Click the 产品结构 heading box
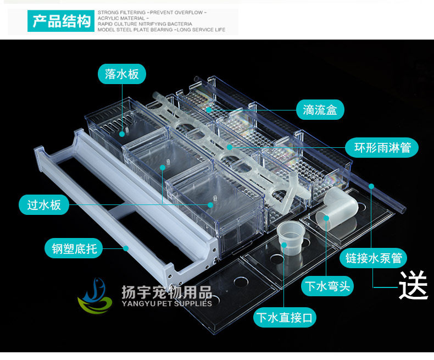[61, 21]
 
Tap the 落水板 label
[122, 74]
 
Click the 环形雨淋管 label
[382, 147]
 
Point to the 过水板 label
[48, 206]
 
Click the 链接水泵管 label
[374, 257]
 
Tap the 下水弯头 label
[327, 286]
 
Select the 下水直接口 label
[286, 318]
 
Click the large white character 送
[413, 285]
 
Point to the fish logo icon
[94, 296]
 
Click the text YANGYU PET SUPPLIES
[166, 303]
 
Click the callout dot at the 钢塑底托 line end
[126, 248]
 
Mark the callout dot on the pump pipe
[371, 186]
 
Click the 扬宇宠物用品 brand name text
[166, 291]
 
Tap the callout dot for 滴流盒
[209, 110]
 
